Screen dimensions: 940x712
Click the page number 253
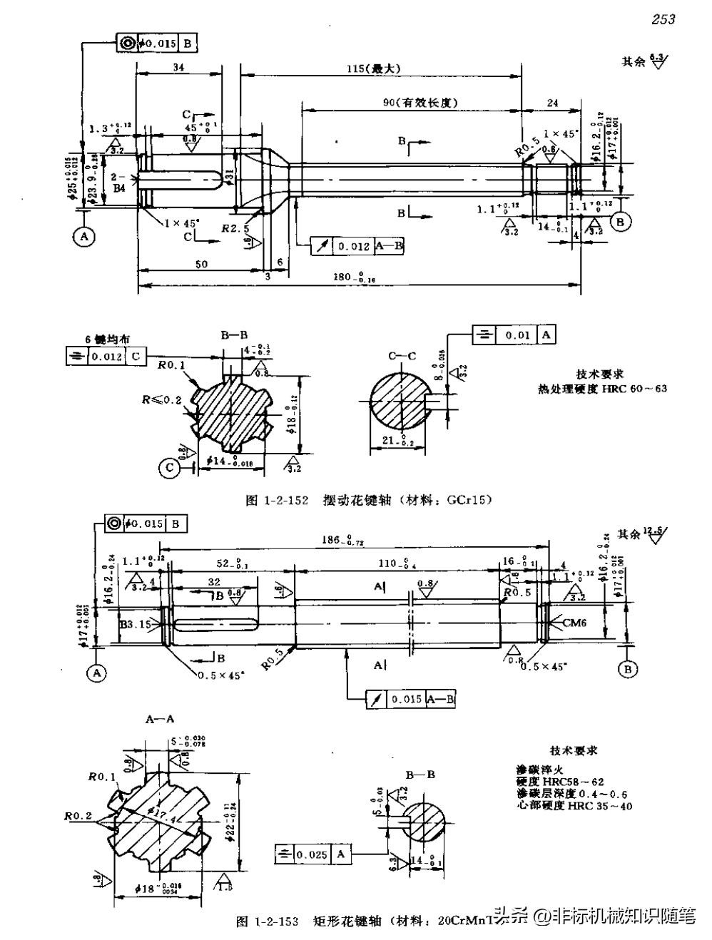663,20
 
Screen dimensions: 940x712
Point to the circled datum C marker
169,468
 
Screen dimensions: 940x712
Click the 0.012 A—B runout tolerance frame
358,246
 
